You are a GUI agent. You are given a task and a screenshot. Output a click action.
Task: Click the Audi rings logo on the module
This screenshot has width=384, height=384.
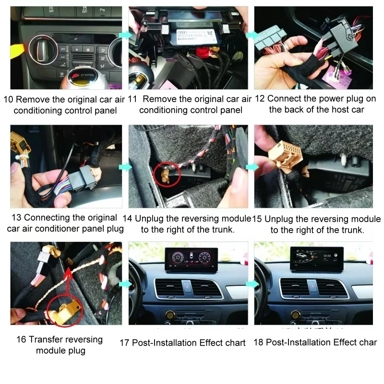coord(182,34)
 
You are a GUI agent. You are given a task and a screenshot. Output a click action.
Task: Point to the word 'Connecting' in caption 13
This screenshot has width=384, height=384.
coord(54,217)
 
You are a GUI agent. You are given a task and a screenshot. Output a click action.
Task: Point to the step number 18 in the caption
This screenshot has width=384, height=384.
coord(259,343)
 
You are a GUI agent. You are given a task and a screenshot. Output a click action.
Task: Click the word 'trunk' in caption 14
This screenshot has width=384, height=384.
coord(222,229)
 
